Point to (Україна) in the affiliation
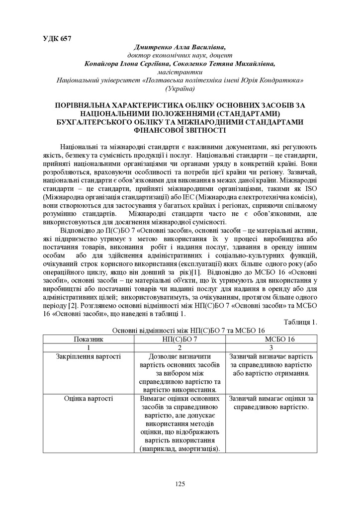tap(180, 88)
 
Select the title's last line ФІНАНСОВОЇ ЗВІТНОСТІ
tap(180, 130)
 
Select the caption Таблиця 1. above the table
tap(300, 322)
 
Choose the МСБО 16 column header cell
tap(271, 339)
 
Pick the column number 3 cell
tap(271, 347)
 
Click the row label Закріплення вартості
tap(89, 356)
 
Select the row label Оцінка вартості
tap(89, 398)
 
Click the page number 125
tap(180, 484)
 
